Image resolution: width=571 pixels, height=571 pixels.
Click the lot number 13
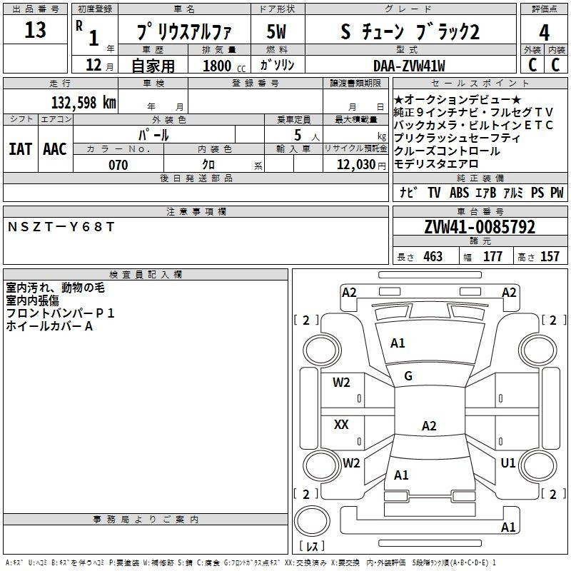[35, 31]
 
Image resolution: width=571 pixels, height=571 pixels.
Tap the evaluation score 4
[545, 33]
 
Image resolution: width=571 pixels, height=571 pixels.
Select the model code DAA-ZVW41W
[409, 66]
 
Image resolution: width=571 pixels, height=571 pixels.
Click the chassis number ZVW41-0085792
[479, 227]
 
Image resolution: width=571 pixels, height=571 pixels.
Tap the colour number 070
[118, 165]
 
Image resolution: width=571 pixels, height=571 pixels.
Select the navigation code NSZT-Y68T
[61, 226]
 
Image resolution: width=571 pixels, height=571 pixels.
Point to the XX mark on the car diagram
[342, 425]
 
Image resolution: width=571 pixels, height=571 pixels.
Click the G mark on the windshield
[408, 376]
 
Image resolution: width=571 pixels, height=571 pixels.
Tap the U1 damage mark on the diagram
[508, 463]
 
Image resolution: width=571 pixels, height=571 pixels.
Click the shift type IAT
[20, 149]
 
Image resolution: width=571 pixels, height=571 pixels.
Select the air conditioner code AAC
[55, 149]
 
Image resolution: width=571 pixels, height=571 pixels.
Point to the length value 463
[433, 257]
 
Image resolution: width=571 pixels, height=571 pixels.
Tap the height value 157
[550, 257]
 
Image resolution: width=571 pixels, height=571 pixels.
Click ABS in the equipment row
[459, 193]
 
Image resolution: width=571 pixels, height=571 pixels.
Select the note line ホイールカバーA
[49, 326]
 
